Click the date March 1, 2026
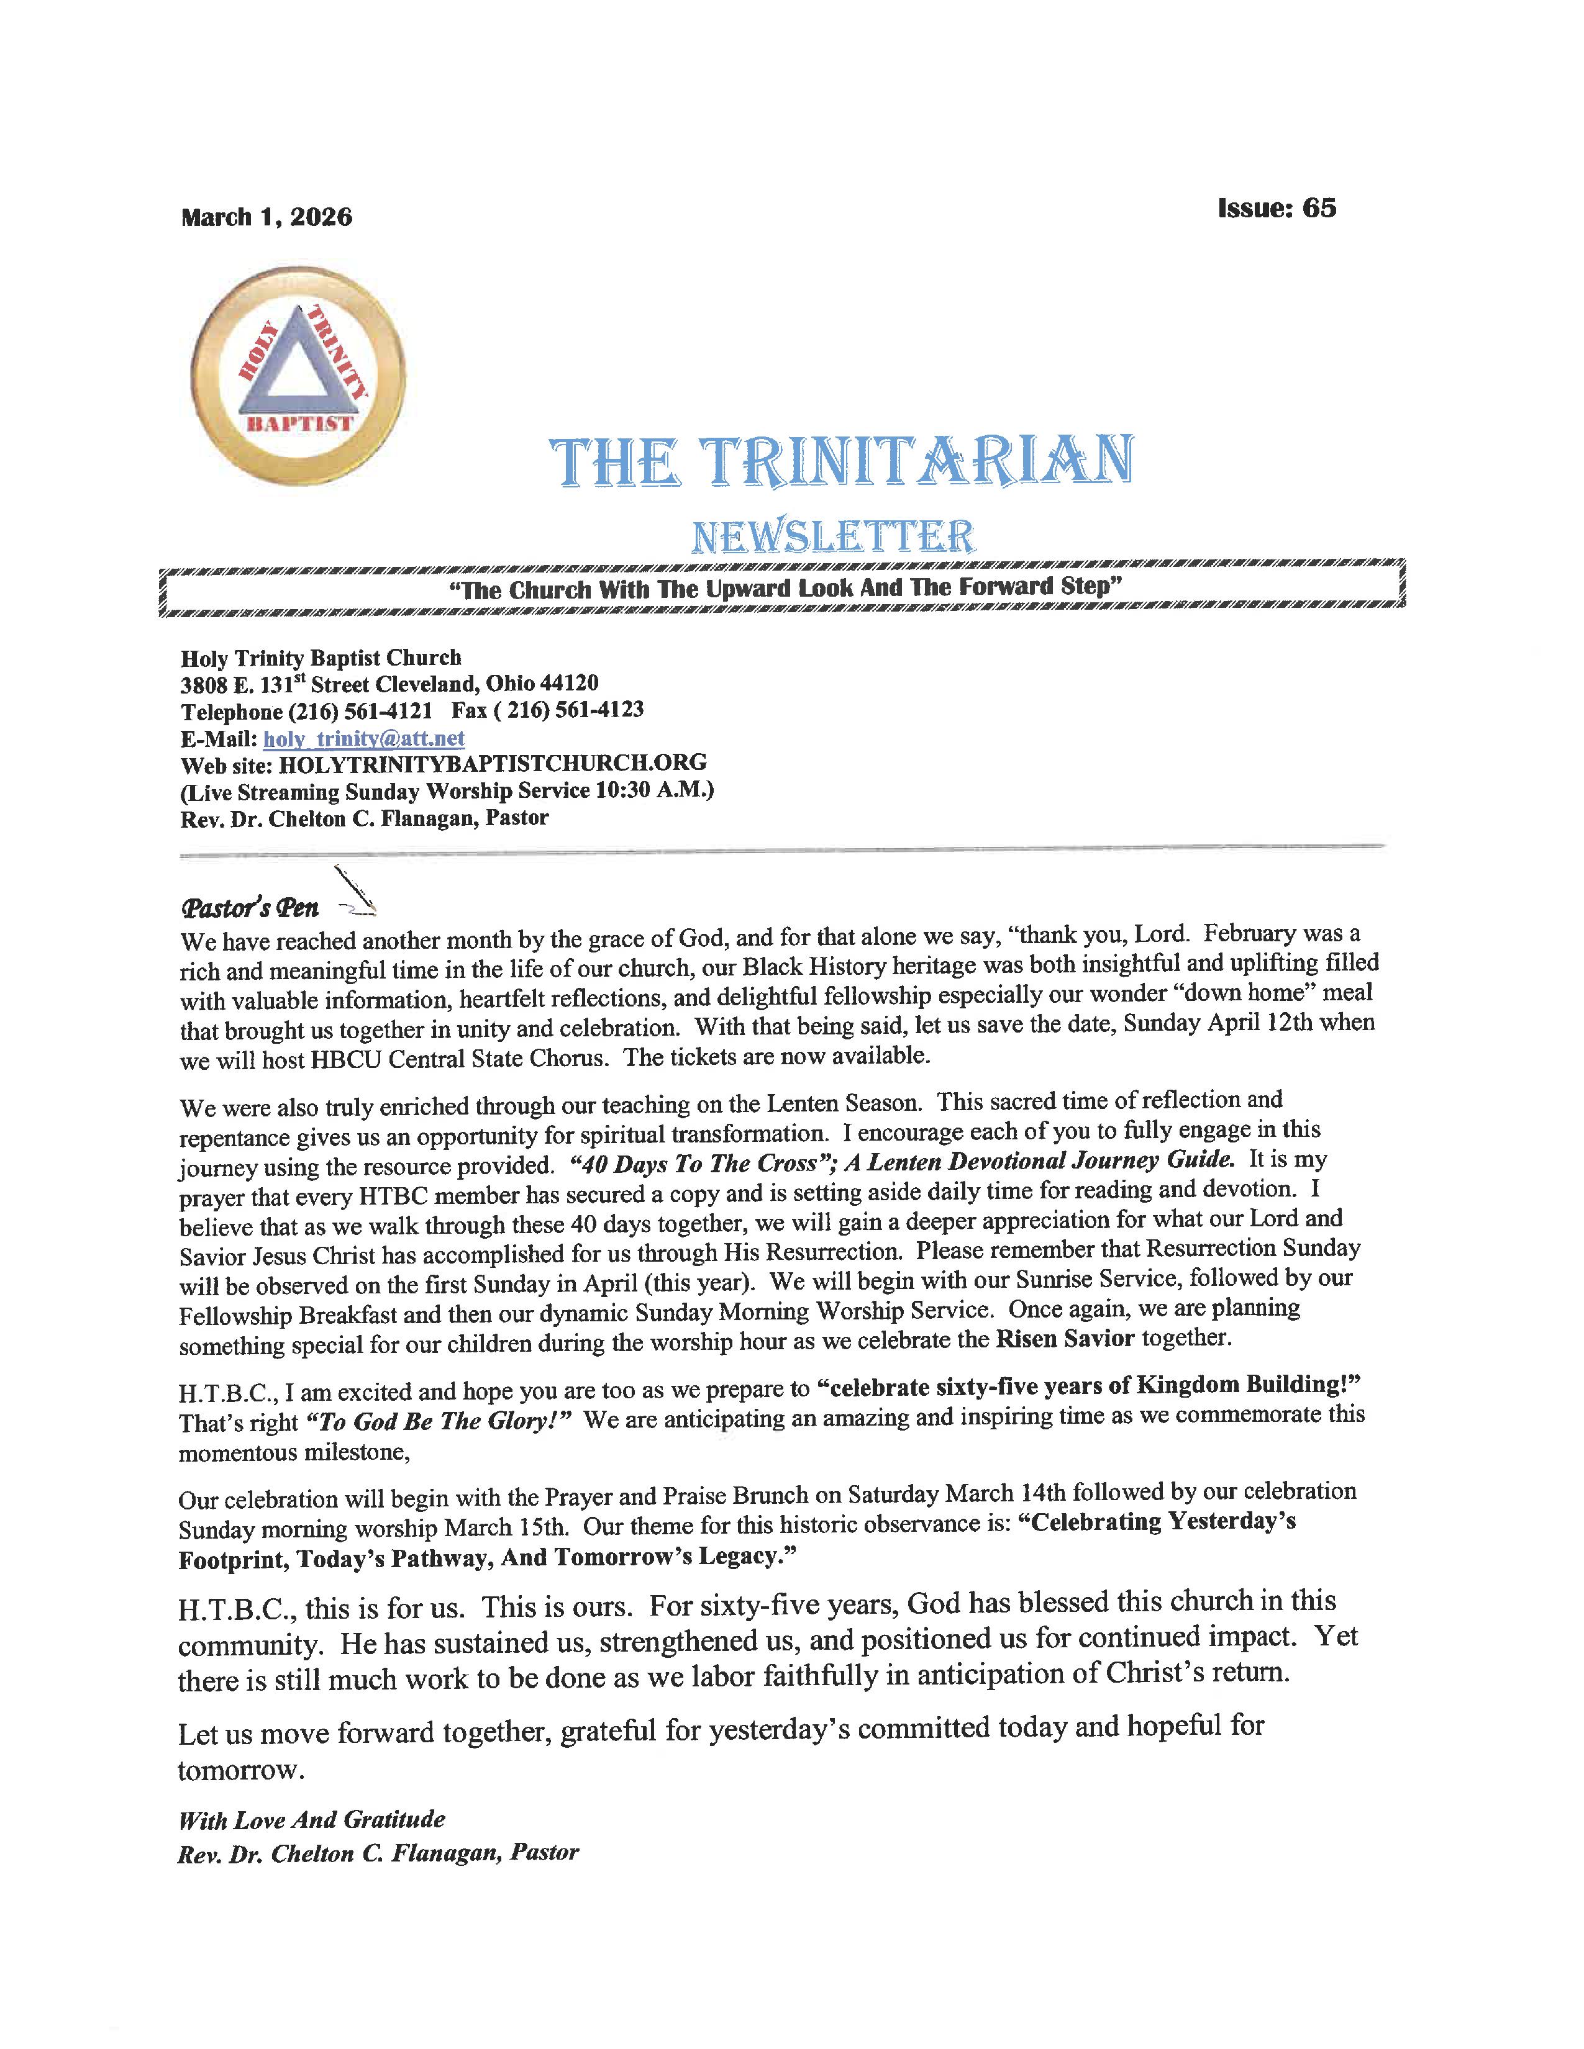[266, 218]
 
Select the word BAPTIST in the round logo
[298, 423]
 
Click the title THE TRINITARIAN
[841, 461]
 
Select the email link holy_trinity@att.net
[364, 738]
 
